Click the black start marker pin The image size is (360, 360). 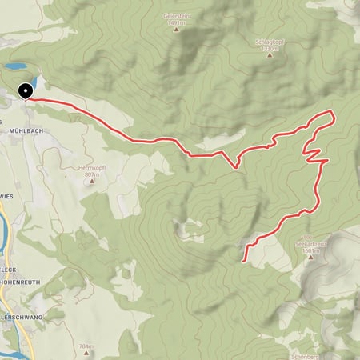(x=26, y=91)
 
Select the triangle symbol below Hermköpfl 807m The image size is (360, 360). (x=91, y=182)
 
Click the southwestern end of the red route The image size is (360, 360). (x=242, y=260)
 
